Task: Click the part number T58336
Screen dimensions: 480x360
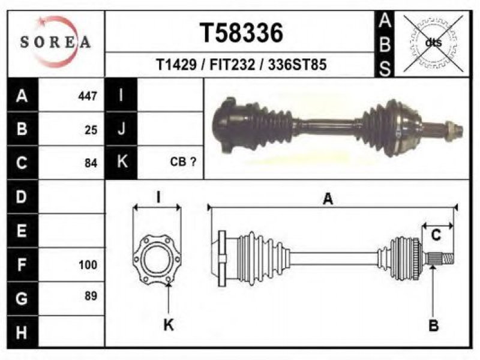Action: coord(241,33)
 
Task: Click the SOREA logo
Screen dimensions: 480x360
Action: coord(55,42)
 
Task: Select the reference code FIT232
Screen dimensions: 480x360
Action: coord(232,65)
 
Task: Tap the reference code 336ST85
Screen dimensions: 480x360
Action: coord(297,65)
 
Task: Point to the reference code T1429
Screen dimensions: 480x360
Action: coord(176,65)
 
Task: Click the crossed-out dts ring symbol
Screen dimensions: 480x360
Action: coord(433,43)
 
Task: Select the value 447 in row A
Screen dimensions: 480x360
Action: coord(88,96)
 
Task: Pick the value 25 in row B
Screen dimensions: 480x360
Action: coord(91,130)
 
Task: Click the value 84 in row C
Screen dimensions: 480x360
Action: coord(91,163)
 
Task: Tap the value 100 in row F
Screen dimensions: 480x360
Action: coord(88,265)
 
